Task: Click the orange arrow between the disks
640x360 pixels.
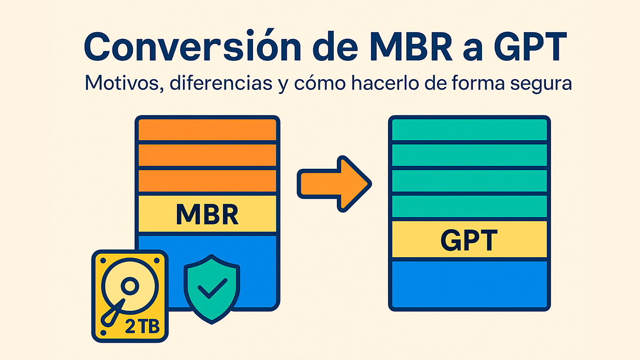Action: click(x=334, y=184)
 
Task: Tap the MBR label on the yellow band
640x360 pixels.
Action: click(x=207, y=215)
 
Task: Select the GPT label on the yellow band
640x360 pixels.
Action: click(x=469, y=240)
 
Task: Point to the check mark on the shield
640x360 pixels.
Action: click(x=211, y=290)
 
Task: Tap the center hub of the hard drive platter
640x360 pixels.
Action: click(x=129, y=284)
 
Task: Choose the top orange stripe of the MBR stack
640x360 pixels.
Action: click(x=207, y=130)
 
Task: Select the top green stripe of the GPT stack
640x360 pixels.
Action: click(x=469, y=130)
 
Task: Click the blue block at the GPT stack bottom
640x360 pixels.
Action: click(x=469, y=284)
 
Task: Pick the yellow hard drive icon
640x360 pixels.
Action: click(x=130, y=296)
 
